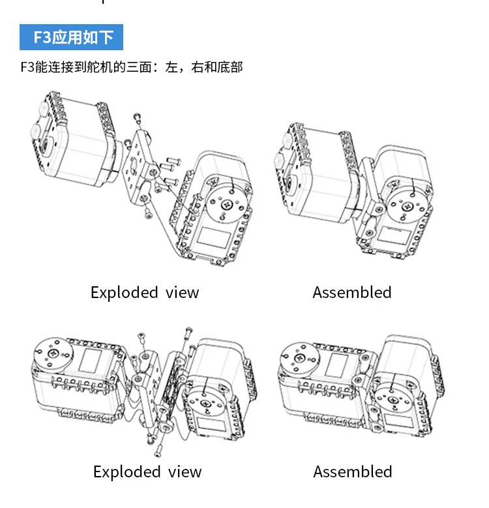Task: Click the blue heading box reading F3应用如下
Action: (71, 37)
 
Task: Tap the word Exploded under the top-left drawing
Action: (124, 293)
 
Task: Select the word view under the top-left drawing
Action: (182, 293)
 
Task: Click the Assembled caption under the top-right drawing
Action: (352, 293)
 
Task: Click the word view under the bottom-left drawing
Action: (185, 472)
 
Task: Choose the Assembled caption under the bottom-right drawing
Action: (353, 472)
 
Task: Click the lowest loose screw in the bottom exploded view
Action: (158, 451)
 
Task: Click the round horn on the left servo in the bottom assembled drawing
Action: (301, 356)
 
